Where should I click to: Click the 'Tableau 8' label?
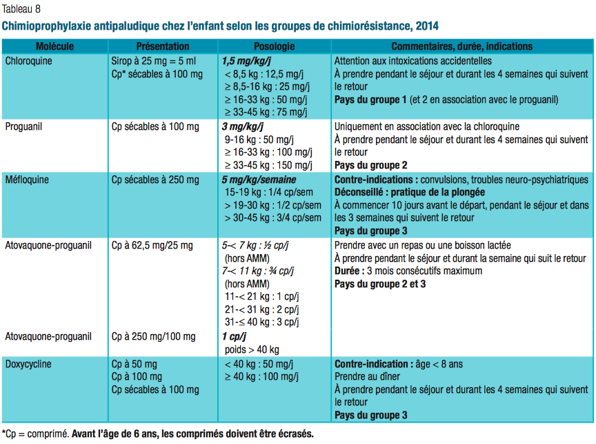pyautogui.click(x=21, y=8)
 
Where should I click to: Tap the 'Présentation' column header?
pyautogui.click(x=163, y=46)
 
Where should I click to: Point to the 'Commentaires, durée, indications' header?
pyautogui.click(x=461, y=46)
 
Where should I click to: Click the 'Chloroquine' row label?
pyautogui.click(x=28, y=61)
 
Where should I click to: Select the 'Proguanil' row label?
pyautogui.click(x=24, y=126)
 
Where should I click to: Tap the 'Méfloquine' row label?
pyautogui.click(x=27, y=179)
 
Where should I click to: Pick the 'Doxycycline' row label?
pyautogui.click(x=28, y=363)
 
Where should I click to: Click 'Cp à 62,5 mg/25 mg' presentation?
pyautogui.click(x=152, y=244)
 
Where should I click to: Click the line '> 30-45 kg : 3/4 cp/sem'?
pyautogui.click(x=272, y=218)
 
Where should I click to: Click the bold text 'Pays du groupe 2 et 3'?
pyautogui.click(x=380, y=284)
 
